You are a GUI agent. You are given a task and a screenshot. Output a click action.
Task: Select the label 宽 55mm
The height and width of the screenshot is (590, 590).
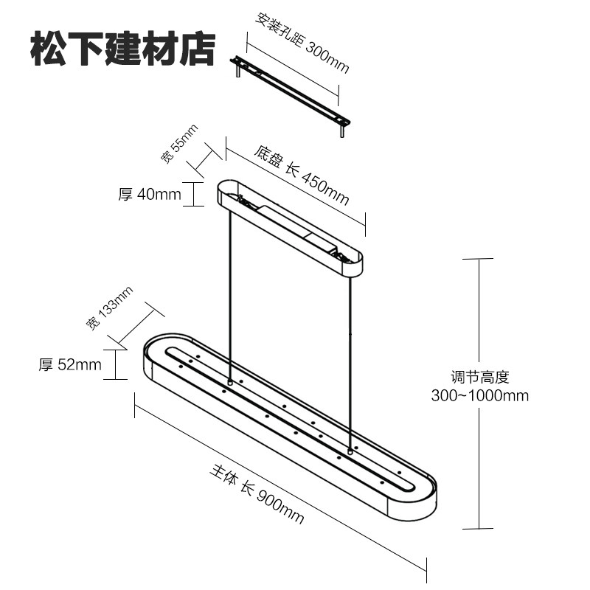(x=179, y=145)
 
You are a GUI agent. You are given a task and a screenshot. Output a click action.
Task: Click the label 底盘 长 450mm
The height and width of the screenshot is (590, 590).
(x=302, y=176)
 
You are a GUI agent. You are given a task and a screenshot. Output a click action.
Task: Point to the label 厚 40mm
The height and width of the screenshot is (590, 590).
(x=149, y=195)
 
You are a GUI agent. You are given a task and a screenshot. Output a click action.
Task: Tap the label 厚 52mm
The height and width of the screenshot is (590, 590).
(x=70, y=364)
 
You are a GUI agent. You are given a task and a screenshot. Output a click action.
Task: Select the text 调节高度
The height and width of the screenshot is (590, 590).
(x=480, y=378)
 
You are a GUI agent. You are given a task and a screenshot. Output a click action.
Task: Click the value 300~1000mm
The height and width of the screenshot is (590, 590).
(x=480, y=395)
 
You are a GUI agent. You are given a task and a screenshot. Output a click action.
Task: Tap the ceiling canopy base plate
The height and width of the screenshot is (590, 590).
(x=291, y=225)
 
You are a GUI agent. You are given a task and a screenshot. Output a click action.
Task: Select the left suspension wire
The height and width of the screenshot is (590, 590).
(x=230, y=295)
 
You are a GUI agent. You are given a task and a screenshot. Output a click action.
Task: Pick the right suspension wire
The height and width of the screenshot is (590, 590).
(x=350, y=354)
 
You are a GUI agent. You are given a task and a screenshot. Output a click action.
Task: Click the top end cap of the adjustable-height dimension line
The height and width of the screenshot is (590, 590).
(x=477, y=259)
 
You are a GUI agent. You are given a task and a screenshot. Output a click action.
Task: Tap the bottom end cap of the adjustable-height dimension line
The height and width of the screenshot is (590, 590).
(x=477, y=528)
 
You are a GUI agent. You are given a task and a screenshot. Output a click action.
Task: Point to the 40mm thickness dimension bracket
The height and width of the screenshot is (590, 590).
(x=193, y=194)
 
